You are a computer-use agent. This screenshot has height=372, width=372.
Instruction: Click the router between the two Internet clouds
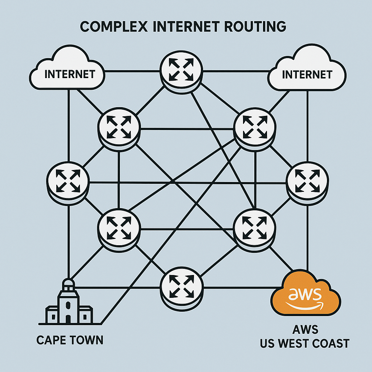tap(181, 71)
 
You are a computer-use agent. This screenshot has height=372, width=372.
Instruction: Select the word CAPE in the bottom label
tap(51, 340)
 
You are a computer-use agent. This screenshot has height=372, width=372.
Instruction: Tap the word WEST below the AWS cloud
tap(298, 343)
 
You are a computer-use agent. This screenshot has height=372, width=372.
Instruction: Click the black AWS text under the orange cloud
tap(305, 330)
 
